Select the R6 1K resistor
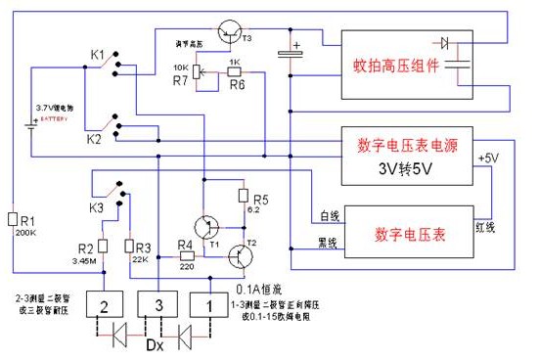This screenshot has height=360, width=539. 235,70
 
